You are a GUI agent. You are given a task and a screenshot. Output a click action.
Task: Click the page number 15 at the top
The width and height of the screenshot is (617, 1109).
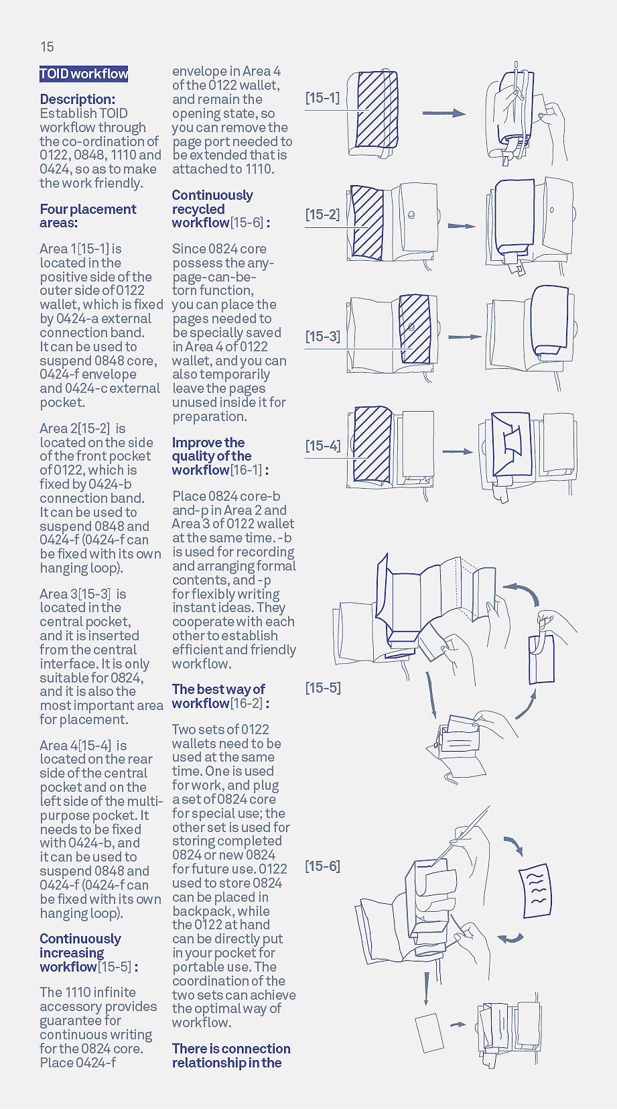pos(47,47)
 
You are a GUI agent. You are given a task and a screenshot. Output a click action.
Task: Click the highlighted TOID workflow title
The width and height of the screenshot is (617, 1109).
pos(84,74)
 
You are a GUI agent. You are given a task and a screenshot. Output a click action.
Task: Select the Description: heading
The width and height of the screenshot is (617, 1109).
pos(77,99)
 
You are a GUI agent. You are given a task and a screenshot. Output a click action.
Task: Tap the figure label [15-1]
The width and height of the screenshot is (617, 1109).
pos(322,98)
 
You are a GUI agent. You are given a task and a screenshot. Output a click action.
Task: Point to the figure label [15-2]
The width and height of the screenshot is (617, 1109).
pos(322,215)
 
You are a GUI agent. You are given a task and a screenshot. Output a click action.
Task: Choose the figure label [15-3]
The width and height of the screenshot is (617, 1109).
pos(322,337)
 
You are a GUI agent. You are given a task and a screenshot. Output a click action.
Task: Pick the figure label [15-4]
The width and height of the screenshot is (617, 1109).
pos(322,446)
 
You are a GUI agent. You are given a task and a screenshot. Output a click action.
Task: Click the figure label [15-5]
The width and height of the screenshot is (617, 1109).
pos(322,688)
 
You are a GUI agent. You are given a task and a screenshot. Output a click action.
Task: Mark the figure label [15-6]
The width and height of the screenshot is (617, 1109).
pos(322,866)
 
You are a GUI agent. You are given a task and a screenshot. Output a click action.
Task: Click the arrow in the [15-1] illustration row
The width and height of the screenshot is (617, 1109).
pos(443,113)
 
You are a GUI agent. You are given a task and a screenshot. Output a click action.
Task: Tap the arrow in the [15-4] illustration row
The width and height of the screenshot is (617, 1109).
pos(458,452)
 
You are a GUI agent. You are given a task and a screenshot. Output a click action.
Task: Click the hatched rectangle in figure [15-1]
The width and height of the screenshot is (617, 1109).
pos(376,109)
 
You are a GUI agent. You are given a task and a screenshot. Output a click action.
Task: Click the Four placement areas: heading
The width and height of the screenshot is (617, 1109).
pos(87,216)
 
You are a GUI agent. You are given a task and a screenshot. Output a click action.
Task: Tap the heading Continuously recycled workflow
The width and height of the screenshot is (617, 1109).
pos(213,209)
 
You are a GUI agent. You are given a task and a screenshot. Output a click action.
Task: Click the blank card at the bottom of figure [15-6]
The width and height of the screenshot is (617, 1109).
pos(429,1033)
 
